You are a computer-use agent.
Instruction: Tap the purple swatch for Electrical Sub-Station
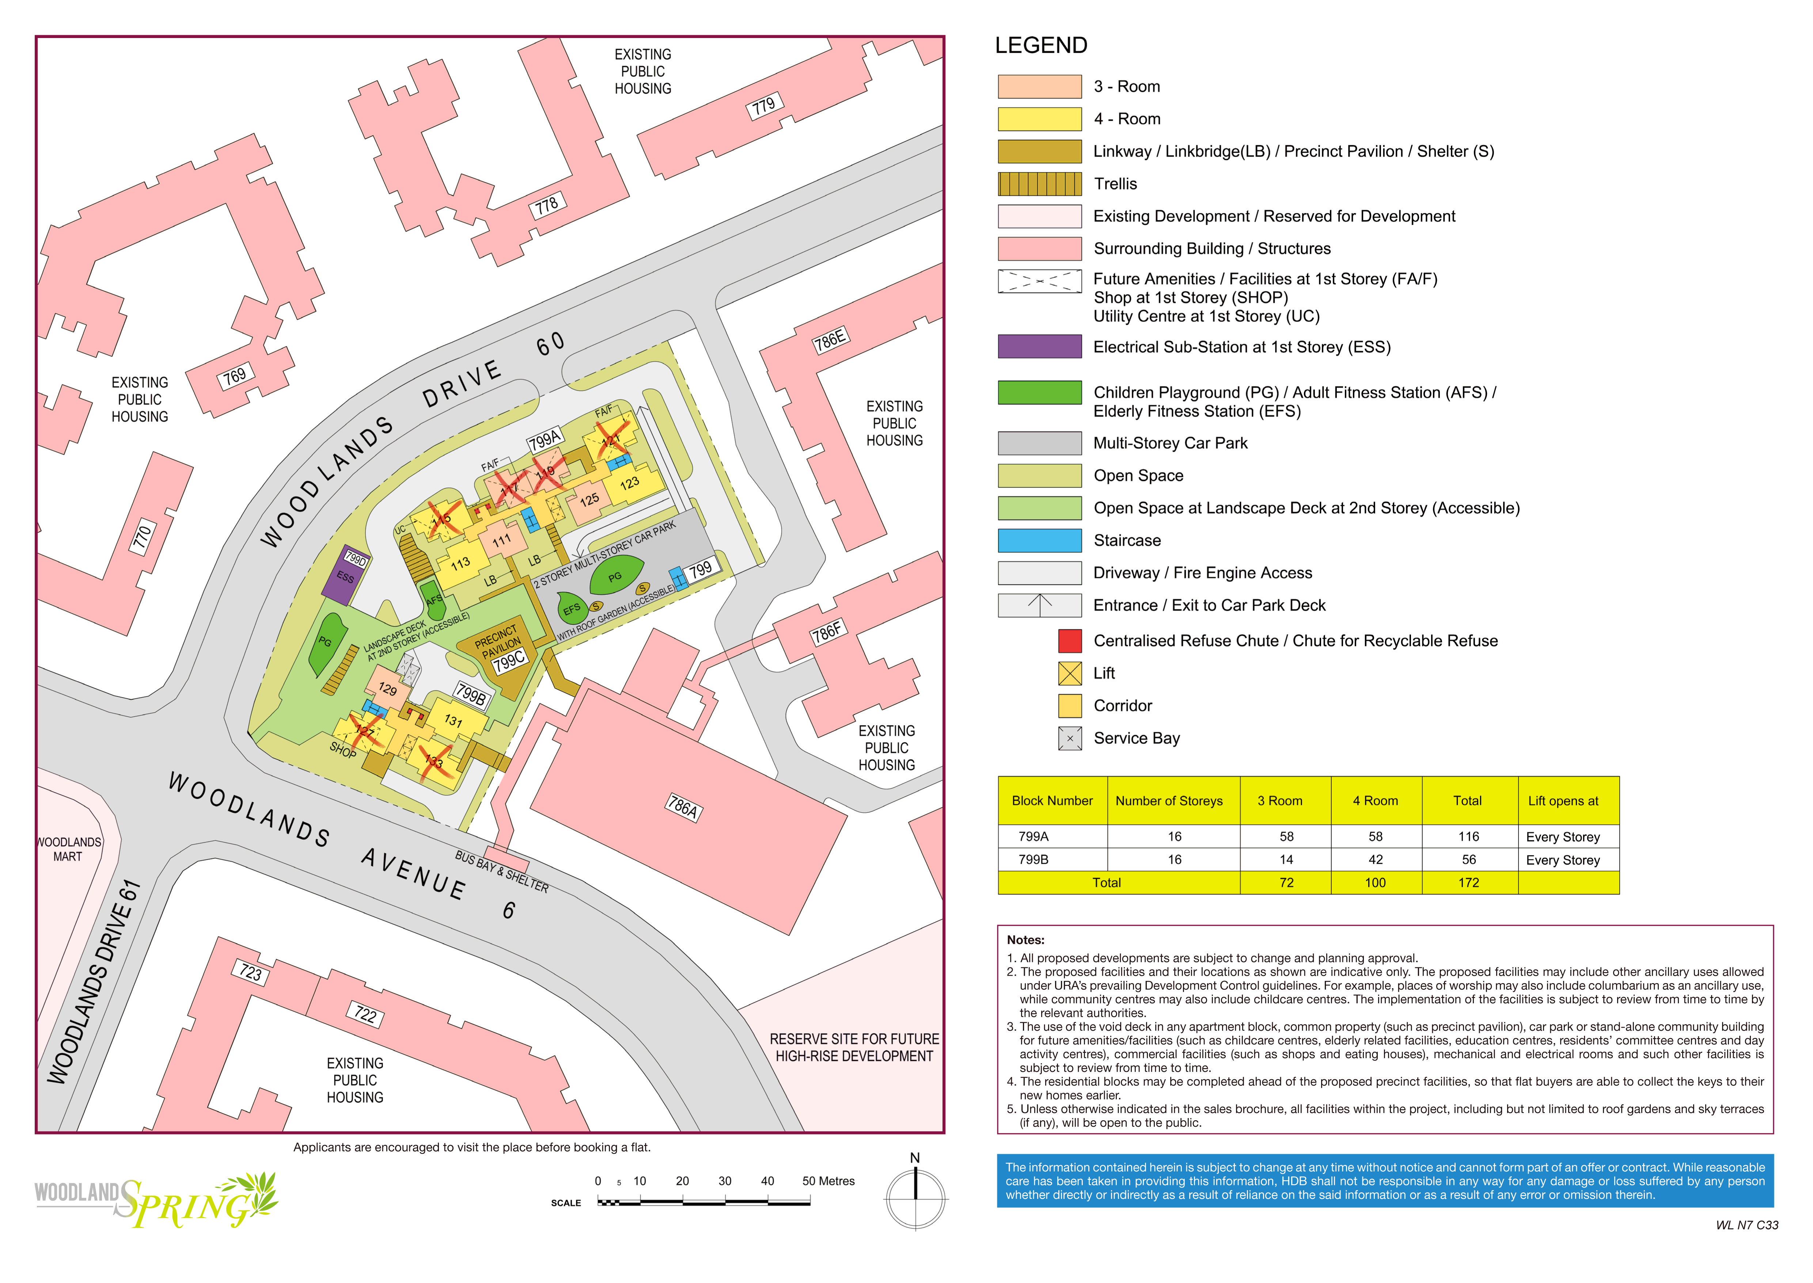[1039, 347]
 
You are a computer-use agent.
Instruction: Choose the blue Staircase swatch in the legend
[1039, 541]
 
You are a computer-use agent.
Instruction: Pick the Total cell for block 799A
[1468, 837]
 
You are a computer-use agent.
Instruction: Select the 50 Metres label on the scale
[828, 1181]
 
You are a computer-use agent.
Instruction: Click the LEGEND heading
[1041, 46]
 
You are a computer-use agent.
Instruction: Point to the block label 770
[142, 537]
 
